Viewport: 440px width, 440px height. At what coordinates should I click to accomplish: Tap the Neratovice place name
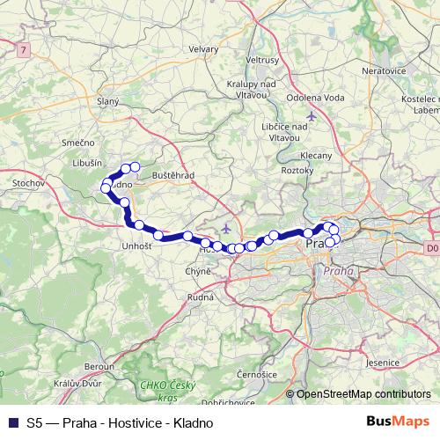point(385,68)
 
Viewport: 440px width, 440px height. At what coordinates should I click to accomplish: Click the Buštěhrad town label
point(172,176)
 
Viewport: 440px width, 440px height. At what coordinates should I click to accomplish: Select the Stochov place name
point(24,184)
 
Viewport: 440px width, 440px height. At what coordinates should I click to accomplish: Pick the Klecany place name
point(317,155)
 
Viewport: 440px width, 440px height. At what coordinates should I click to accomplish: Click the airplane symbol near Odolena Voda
point(311,116)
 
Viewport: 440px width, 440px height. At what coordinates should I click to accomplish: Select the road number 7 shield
point(21,51)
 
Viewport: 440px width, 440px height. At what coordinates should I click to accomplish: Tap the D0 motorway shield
point(430,248)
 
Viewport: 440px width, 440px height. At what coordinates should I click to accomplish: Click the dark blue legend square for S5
point(13,422)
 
